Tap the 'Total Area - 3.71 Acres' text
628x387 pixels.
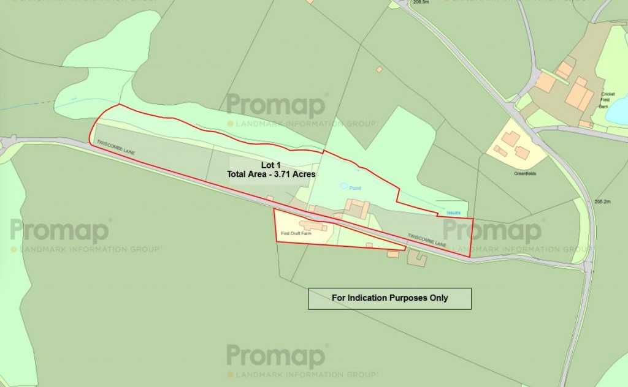[x=270, y=175]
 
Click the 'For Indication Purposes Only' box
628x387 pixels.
[x=389, y=298]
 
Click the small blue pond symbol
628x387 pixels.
[x=344, y=186]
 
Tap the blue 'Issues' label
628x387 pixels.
[x=453, y=212]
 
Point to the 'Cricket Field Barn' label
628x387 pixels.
[x=608, y=100]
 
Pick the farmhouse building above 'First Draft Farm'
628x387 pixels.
[x=313, y=227]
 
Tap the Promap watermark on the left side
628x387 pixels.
[x=60, y=231]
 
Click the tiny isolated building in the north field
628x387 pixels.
[x=379, y=70]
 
